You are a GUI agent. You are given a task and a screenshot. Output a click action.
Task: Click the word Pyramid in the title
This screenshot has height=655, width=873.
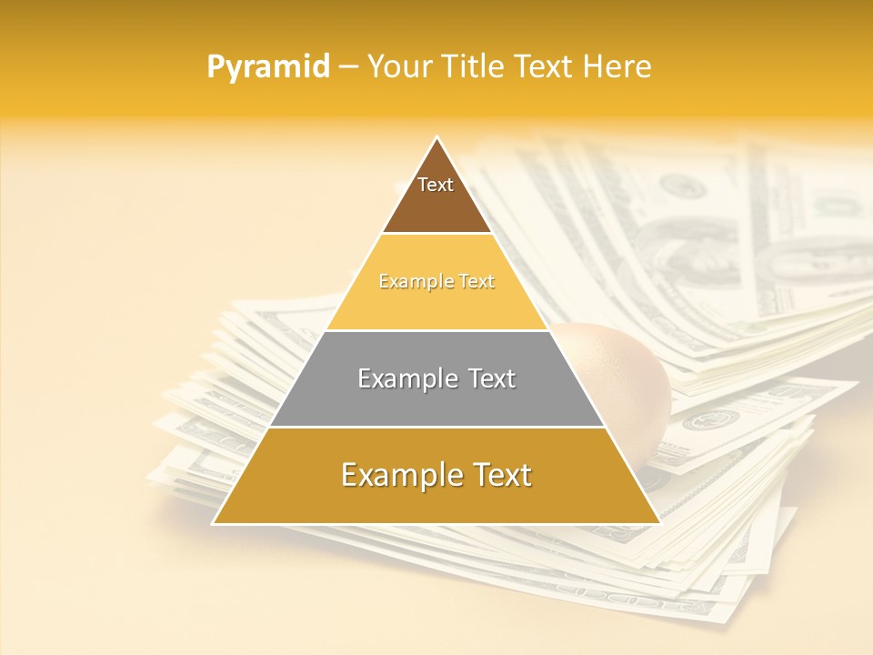pos(267,67)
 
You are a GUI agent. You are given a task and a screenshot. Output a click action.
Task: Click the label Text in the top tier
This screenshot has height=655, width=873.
pos(436,185)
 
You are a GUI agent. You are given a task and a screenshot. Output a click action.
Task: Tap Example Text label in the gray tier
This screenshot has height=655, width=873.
pos(436,378)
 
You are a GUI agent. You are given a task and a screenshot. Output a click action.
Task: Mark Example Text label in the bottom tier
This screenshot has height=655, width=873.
pos(436,475)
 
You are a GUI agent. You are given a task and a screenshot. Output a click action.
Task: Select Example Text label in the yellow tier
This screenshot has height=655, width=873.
pos(436,282)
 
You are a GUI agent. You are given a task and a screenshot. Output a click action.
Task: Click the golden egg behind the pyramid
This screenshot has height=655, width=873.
pos(627,382)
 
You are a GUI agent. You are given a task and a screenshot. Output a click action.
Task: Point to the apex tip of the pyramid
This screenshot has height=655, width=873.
pos(437,138)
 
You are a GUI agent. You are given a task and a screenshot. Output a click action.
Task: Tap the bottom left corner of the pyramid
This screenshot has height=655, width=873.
pos(215,523)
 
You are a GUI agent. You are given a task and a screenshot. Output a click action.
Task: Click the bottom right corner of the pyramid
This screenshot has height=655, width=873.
pos(659,523)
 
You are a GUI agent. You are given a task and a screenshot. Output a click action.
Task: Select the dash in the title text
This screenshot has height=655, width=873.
pos(348,67)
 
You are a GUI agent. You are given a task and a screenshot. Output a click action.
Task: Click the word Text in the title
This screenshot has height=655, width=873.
pos(545,67)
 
